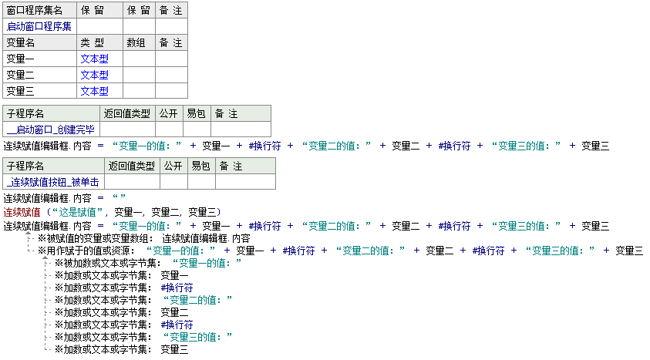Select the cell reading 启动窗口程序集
pyautogui.click(x=39, y=26)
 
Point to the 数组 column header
pyautogui.click(x=136, y=42)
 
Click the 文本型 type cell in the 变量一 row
pyautogui.click(x=94, y=59)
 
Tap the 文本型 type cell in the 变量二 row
pyautogui.click(x=94, y=75)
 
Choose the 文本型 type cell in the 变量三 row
pyautogui.click(x=94, y=91)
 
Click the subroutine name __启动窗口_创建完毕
pyautogui.click(x=51, y=130)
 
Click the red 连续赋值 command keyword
pyautogui.click(x=22, y=212)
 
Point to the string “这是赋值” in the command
pyautogui.click(x=78, y=212)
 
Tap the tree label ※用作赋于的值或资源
pyautogui.click(x=86, y=251)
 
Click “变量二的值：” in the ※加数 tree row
pyautogui.click(x=197, y=300)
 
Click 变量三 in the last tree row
pyautogui.click(x=174, y=349)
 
